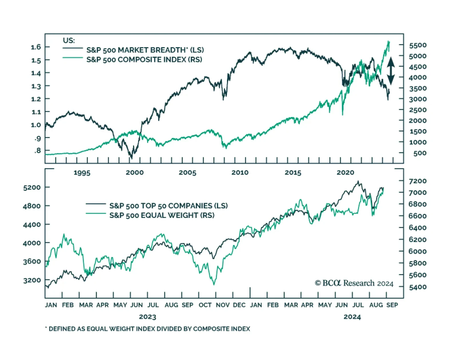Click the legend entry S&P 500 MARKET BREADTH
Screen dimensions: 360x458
pyautogui.click(x=145, y=50)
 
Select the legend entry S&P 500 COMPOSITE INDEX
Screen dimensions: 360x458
pyautogui.click(x=144, y=60)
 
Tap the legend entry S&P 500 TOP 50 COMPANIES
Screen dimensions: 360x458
pyautogui.click(x=168, y=206)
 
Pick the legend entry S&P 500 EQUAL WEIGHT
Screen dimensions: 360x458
pyautogui.click(x=162, y=215)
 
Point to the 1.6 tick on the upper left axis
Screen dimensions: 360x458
pyautogui.click(x=36, y=47)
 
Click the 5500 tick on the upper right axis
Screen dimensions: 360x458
pyautogui.click(x=418, y=45)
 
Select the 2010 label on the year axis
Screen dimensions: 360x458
pyautogui.click(x=240, y=173)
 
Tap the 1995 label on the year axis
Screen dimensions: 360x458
pyautogui.click(x=82, y=173)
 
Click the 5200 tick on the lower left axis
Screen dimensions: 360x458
pyautogui.click(x=32, y=187)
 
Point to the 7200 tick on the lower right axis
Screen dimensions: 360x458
pyautogui.click(x=418, y=181)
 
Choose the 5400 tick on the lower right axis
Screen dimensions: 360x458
pyautogui.click(x=418, y=287)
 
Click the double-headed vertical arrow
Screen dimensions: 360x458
pyautogui.click(x=391, y=71)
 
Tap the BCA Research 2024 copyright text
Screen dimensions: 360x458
pyautogui.click(x=354, y=283)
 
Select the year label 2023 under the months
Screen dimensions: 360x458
pyautogui.click(x=148, y=317)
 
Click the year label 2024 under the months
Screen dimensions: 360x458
pyautogui.click(x=352, y=317)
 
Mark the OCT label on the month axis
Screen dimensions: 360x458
pyautogui.click(x=205, y=305)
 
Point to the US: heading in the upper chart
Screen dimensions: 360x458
pyautogui.click(x=69, y=40)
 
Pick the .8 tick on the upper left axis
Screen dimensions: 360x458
pyautogui.click(x=37, y=151)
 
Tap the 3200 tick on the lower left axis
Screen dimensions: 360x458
pyautogui.click(x=32, y=280)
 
